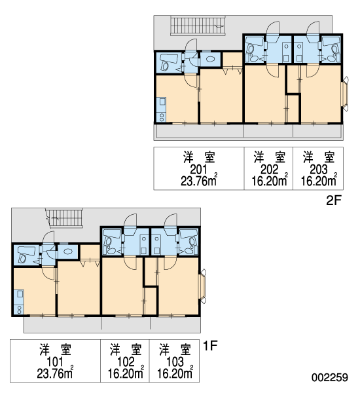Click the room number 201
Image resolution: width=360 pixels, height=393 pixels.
click(198, 170)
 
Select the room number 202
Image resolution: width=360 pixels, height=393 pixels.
click(269, 170)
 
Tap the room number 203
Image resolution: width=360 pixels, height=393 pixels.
click(319, 170)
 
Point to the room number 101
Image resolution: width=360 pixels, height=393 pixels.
click(55, 362)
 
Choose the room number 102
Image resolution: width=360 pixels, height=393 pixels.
click(126, 362)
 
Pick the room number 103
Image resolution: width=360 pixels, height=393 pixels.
click(175, 362)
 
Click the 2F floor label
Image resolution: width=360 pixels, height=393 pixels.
click(334, 200)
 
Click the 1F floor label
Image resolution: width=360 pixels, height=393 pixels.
click(210, 346)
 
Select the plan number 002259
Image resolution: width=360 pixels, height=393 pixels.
click(330, 377)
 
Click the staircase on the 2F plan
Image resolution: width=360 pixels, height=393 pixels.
click(198, 25)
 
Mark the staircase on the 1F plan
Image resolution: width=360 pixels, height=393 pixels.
click(65, 218)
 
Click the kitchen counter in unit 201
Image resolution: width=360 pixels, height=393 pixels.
click(162, 109)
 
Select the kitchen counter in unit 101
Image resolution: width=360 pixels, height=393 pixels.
click(19, 302)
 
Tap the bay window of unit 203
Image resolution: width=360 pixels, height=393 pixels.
click(345, 94)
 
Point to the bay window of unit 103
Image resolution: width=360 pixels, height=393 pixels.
click(203, 286)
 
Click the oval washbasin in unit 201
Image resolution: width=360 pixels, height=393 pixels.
click(209, 59)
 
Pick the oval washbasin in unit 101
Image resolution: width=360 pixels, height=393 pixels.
click(68, 251)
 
